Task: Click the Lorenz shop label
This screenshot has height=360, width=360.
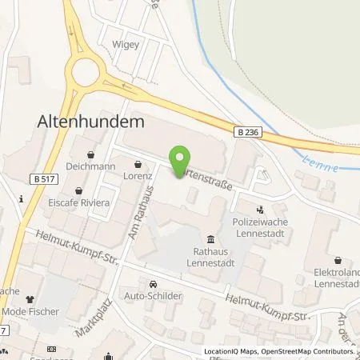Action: (138, 174)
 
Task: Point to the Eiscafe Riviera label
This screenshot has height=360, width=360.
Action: (82, 204)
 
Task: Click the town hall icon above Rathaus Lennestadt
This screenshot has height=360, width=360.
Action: (210, 239)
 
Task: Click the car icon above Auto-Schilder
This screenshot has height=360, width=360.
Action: (153, 283)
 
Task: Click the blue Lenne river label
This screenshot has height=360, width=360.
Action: (322, 163)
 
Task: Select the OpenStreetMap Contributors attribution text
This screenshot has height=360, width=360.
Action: (314, 351)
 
